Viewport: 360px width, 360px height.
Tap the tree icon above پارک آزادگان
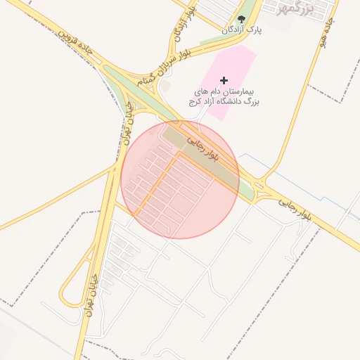241,20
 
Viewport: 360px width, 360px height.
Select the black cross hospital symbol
224,81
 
